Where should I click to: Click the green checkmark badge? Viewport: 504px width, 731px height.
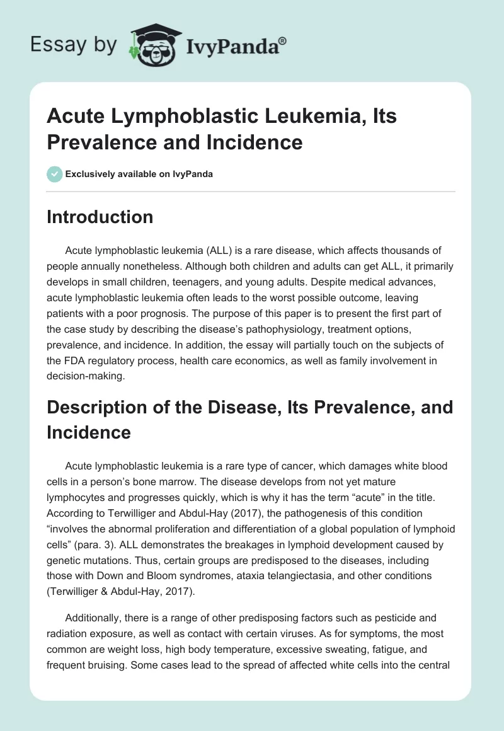pos(54,174)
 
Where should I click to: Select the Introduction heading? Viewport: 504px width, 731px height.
pos(100,217)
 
